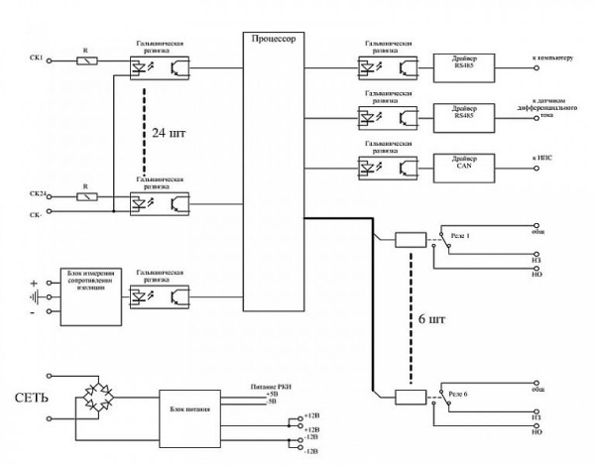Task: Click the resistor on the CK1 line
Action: tap(87, 61)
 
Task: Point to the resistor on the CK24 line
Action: tap(87, 196)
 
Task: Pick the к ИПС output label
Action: tap(544, 158)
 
